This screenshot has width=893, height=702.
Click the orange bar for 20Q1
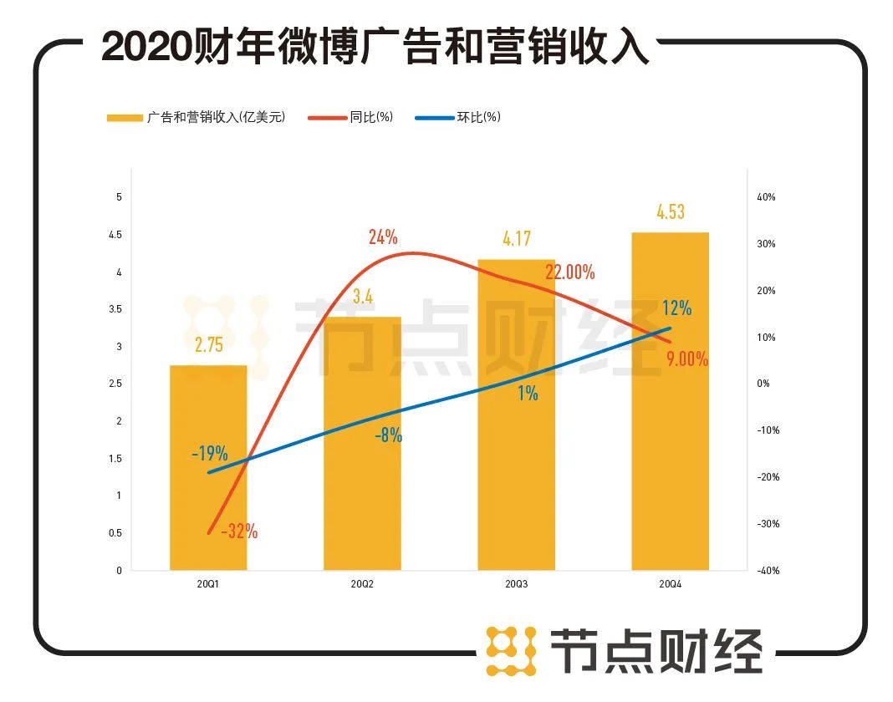(208, 468)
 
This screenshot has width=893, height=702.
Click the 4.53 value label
(670, 212)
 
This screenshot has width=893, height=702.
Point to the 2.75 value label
(209, 345)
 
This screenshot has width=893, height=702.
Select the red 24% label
(383, 237)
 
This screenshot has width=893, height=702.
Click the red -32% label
(239, 531)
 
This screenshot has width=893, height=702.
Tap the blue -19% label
(209, 455)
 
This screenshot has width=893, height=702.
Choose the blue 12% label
(677, 308)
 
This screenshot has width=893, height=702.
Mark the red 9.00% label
(687, 360)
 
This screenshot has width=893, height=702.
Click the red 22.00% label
(569, 272)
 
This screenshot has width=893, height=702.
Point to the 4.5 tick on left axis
(116, 235)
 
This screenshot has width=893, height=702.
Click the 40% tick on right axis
(766, 197)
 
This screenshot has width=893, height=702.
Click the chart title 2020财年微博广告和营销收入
(375, 48)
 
